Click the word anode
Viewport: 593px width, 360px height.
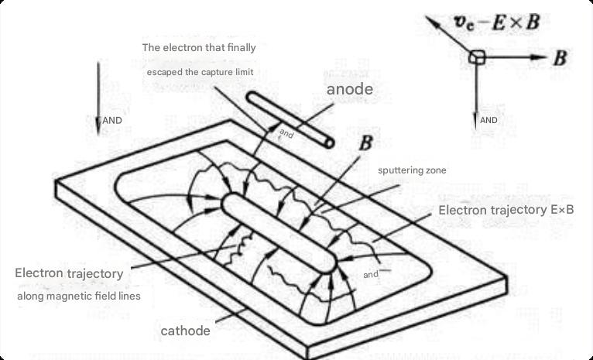[349, 89]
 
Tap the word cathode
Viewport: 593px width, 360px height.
[185, 331]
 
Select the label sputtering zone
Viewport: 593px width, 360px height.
[412, 170]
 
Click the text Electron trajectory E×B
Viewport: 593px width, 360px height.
[506, 211]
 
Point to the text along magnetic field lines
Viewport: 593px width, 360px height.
[79, 296]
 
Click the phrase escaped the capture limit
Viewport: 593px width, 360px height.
[200, 72]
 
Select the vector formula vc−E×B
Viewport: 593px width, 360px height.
[496, 22]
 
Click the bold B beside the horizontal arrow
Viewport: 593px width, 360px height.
[560, 59]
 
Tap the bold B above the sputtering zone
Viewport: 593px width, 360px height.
[365, 143]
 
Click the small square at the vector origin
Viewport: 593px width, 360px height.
[477, 57]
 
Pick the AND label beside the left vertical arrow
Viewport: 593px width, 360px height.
[112, 121]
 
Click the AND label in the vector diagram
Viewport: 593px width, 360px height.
[488, 120]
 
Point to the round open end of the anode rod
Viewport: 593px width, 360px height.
[330, 143]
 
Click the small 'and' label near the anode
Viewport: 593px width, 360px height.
[286, 133]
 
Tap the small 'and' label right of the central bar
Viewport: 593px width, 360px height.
[371, 275]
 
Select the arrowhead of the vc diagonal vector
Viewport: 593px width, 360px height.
[433, 22]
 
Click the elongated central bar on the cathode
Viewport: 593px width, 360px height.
[279, 233]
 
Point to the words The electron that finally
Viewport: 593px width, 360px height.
[199, 48]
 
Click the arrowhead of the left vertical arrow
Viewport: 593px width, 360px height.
[98, 126]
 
